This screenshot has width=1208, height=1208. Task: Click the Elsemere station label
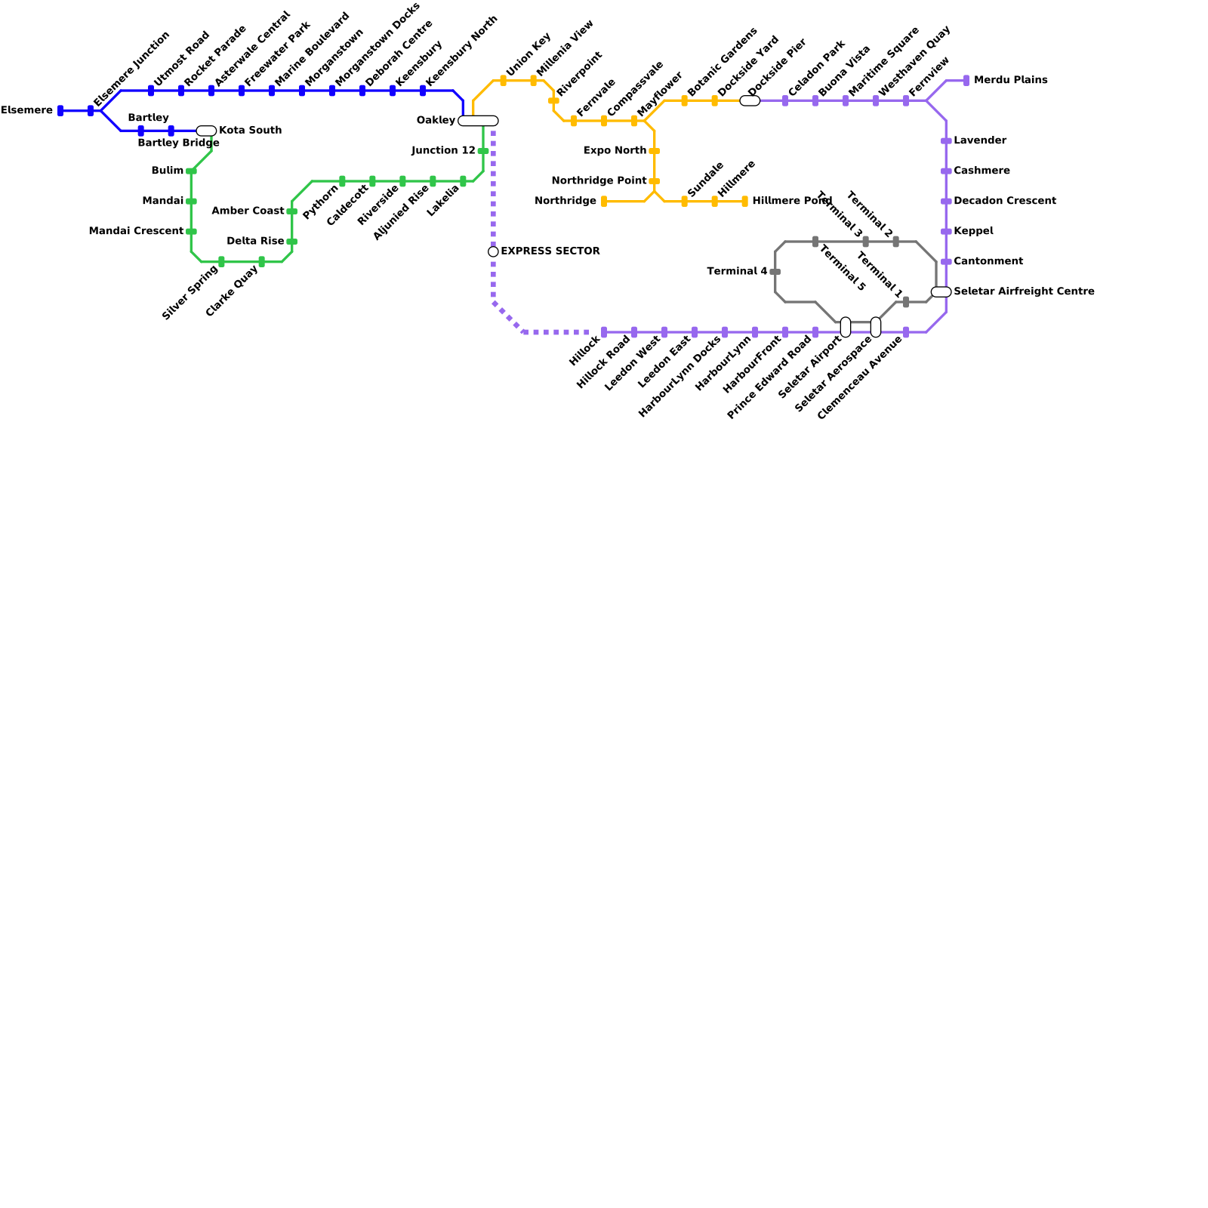pos(27,111)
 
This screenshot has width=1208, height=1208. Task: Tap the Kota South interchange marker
pos(206,131)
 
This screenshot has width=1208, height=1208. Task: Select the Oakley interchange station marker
pos(478,121)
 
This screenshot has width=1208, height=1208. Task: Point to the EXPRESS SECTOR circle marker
pos(493,251)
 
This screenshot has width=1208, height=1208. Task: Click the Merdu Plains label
pos(1010,80)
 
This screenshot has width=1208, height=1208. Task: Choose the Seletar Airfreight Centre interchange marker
pos(941,291)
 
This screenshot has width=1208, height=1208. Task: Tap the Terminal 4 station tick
pos(775,271)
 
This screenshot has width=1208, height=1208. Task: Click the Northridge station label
pos(565,201)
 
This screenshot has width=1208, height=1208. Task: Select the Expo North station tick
pos(654,151)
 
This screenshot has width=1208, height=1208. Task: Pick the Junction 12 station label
pos(443,151)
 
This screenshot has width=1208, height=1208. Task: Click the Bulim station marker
pos(191,171)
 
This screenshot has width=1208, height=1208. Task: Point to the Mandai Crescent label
pos(136,231)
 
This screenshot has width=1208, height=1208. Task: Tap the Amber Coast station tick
pos(291,211)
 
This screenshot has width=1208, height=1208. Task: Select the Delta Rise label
pos(255,242)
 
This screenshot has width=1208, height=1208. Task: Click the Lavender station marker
pos(946,141)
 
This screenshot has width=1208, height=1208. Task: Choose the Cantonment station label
pos(988,261)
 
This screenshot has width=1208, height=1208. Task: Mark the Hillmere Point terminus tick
pos(744,201)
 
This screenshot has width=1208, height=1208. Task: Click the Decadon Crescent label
pos(1005,201)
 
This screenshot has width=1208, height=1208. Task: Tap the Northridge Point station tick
pos(654,181)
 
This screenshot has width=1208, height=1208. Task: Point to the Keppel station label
pos(973,231)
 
